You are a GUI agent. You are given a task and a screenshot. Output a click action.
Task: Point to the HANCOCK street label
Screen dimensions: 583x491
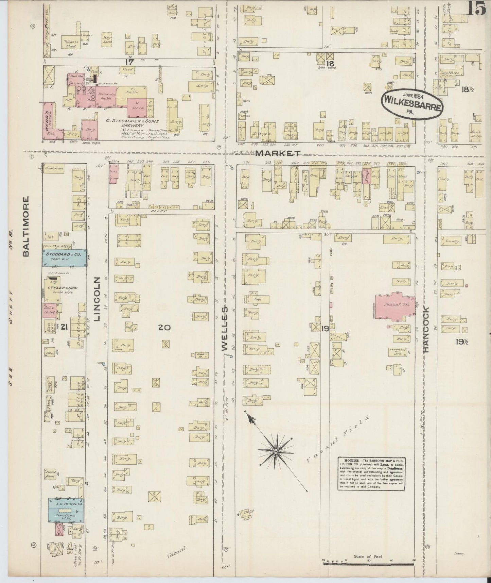(426, 329)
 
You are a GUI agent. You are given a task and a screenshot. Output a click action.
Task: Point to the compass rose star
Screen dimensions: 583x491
(276, 451)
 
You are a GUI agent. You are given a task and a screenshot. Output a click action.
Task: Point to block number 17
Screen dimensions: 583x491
(129, 62)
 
